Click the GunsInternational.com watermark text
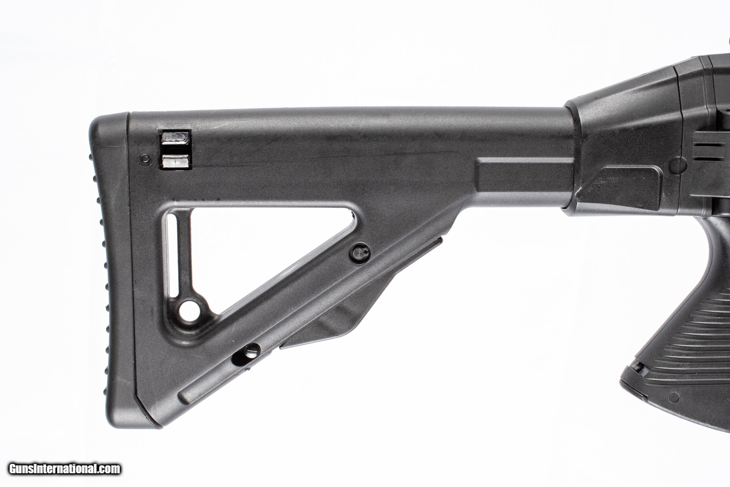(64, 469)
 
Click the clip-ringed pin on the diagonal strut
(359, 252)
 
